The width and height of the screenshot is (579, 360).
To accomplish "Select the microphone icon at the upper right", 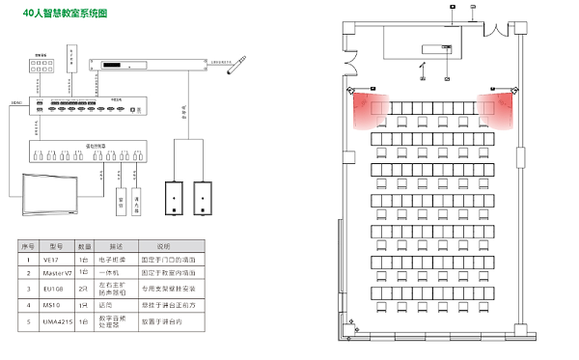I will [x=235, y=67].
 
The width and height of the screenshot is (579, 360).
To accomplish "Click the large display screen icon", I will [x=53, y=194].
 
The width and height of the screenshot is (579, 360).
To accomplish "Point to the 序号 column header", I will [x=27, y=246].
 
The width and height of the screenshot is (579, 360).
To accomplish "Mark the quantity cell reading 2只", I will [x=84, y=288].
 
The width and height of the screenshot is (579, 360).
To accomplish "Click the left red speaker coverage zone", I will [x=371, y=109].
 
